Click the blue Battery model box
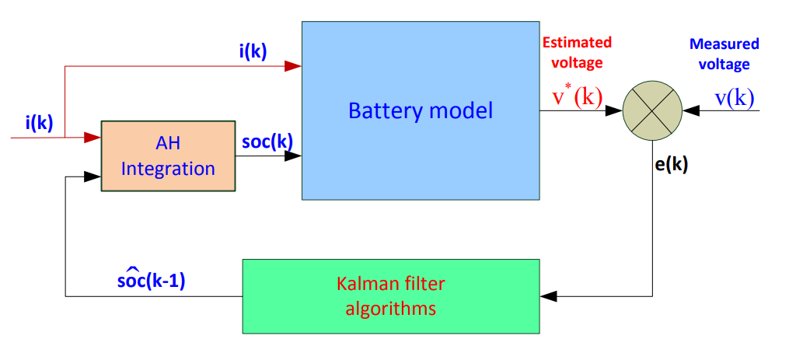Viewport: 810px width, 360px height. (420, 110)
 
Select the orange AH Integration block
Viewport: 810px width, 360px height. (168, 156)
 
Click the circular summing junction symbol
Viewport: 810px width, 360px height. (652, 110)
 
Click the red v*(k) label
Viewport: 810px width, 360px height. (577, 96)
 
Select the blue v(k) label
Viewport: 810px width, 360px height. (734, 98)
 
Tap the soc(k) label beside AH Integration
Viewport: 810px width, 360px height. (267, 142)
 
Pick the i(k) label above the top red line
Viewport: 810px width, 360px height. (253, 51)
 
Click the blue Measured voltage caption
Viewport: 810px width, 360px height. (724, 54)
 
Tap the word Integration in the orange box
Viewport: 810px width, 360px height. (168, 167)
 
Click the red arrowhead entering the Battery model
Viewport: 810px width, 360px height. (293, 67)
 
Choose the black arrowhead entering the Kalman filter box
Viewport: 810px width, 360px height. (549, 296)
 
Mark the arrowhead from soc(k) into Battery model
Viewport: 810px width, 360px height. (293, 156)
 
